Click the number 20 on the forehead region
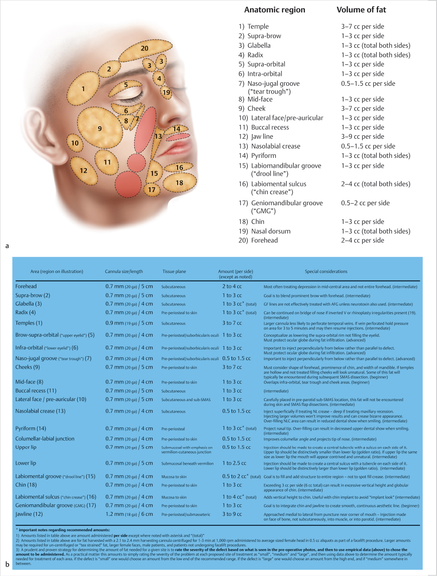(144, 49)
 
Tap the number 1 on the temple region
(83, 89)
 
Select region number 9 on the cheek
(100, 128)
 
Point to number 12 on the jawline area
(83, 171)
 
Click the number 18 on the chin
(179, 183)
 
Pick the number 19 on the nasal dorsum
(166, 92)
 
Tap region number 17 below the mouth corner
(152, 190)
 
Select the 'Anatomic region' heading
(275, 10)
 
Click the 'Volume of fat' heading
(361, 10)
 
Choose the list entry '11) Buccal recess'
(264, 127)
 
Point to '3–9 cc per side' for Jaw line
(363, 137)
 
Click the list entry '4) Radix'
(251, 55)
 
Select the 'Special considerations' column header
(326, 271)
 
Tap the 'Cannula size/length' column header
(124, 271)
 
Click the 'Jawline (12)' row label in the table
(29, 514)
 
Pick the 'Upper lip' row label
(26, 447)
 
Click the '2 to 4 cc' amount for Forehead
(232, 286)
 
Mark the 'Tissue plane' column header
(174, 271)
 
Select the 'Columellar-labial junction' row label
(45, 439)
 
